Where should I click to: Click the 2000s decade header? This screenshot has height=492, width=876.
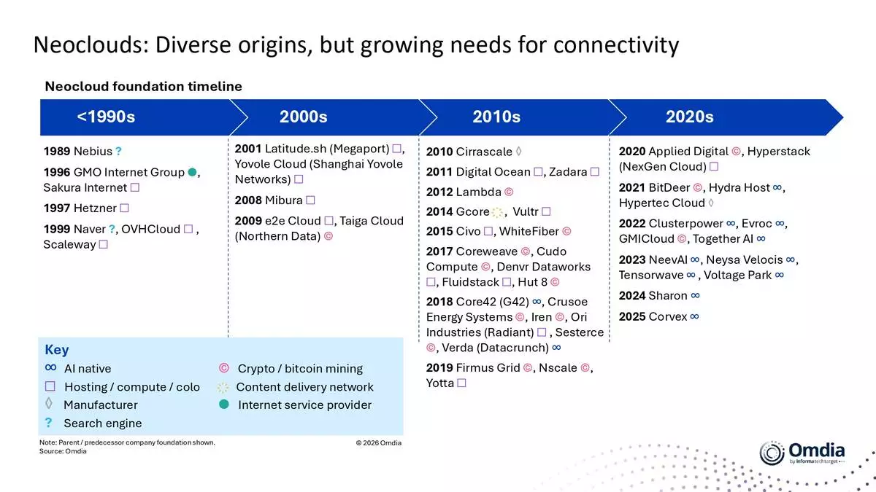[303, 117]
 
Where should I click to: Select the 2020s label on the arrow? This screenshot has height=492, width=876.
[689, 117]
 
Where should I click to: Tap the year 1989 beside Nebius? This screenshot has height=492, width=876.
[57, 151]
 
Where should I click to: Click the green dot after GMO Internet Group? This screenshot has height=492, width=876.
[192, 172]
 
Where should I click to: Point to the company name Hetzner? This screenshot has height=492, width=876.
[95, 208]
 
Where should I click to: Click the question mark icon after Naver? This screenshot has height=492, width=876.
[112, 229]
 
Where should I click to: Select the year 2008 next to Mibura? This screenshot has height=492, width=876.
[248, 200]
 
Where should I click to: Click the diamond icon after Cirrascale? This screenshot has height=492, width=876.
[518, 151]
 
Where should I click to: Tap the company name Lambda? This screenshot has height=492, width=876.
[479, 192]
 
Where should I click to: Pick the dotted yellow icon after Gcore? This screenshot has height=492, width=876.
[497, 212]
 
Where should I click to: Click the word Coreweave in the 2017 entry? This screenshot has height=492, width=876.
[486, 251]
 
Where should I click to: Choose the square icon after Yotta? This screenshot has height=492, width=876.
[461, 383]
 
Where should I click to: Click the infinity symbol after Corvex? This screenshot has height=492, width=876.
[694, 316]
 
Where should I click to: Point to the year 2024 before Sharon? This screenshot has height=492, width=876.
[632, 296]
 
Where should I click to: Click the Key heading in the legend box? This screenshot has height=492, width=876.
[57, 350]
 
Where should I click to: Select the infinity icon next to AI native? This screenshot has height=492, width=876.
[50, 367]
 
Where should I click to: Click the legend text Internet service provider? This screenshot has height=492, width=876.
[304, 405]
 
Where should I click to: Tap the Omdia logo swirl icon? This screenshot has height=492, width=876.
[772, 453]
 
